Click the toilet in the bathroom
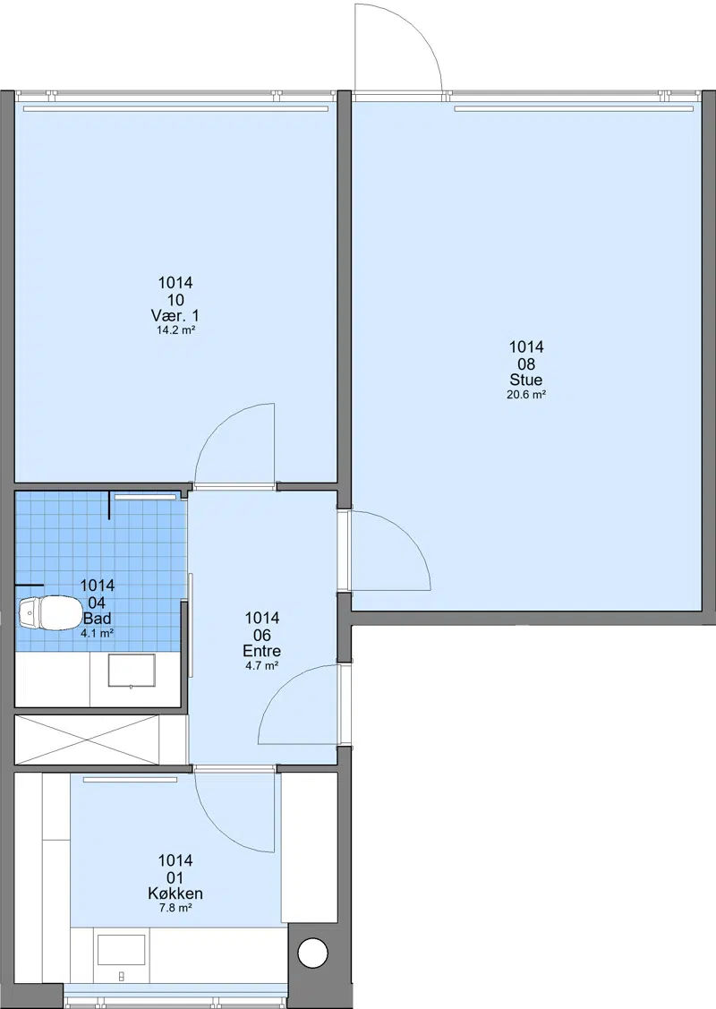point(47,612)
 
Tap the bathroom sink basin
point(132,671)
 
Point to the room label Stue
point(526,380)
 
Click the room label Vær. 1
point(175,315)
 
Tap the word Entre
point(262,651)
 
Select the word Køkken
point(175,894)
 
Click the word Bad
point(98,619)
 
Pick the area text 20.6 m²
point(526,395)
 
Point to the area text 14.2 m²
point(175,330)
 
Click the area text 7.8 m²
point(175,908)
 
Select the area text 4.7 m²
point(262,666)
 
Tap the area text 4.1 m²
point(98,633)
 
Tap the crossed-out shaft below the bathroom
point(86,740)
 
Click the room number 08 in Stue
point(526,363)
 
